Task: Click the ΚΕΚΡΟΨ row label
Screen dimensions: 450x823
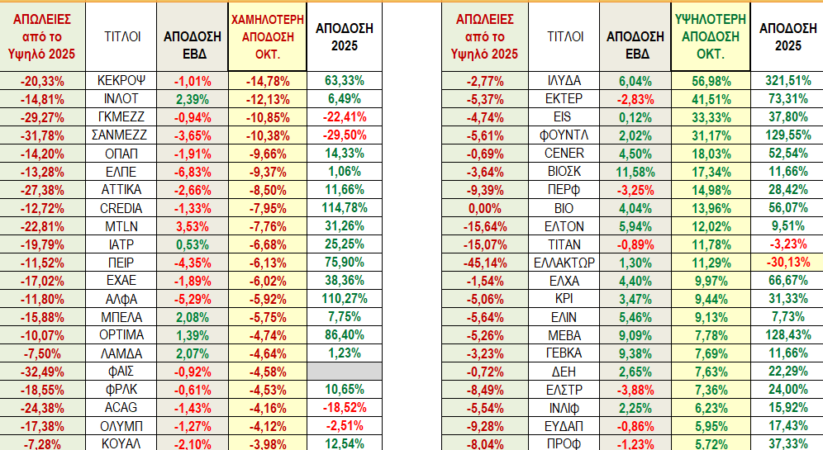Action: (121, 81)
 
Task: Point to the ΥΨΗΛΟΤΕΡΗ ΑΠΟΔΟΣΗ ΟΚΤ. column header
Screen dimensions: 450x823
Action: (710, 36)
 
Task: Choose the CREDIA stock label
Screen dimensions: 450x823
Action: (121, 207)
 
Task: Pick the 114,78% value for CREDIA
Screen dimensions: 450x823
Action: (345, 207)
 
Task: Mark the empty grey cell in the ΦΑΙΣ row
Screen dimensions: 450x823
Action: (345, 371)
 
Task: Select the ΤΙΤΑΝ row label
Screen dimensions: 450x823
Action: (565, 244)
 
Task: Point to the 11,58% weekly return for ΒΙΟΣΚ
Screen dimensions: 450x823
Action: (635, 171)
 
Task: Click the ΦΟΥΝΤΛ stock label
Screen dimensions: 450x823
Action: (565, 135)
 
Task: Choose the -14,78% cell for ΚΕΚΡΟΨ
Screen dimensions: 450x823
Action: (268, 81)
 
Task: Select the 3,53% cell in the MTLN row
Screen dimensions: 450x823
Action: (193, 225)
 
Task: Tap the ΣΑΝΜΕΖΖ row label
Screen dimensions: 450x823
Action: (121, 135)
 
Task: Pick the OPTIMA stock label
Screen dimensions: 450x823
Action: (121, 334)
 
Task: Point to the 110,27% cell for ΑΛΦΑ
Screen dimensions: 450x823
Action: (345, 298)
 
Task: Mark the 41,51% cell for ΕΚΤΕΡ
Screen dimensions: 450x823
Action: (710, 99)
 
